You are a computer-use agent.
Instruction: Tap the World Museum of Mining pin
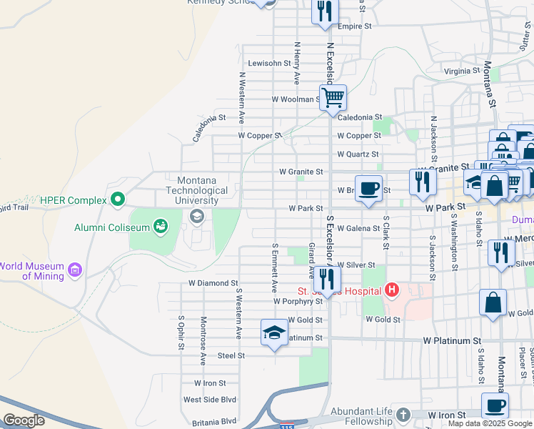click(75, 271)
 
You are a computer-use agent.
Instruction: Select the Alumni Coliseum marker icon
click(161, 227)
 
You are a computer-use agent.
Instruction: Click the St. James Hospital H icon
click(391, 290)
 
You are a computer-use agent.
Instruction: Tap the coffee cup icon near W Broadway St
click(368, 188)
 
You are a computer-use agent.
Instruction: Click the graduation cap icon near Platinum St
click(274, 333)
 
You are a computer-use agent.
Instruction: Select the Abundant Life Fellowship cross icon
click(403, 415)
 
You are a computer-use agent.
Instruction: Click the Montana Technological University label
click(197, 191)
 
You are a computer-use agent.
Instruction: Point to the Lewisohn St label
click(270, 63)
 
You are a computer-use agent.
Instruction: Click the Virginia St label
click(461, 71)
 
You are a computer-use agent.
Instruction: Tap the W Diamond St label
click(213, 283)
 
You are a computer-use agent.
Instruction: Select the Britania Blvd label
click(209, 421)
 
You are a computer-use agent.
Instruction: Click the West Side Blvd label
click(209, 400)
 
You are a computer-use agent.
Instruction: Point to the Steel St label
click(231, 355)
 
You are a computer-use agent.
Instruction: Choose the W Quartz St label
click(358, 154)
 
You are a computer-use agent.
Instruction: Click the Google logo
click(24, 420)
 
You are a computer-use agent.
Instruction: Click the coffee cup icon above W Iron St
click(495, 406)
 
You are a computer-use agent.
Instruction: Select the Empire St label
click(356, 26)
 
